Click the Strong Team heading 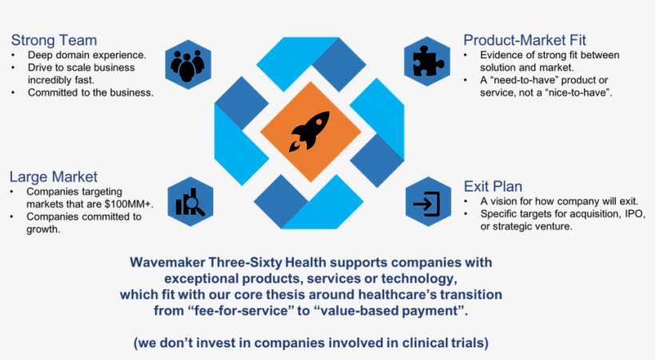(x=54, y=40)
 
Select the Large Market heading (x=54, y=176)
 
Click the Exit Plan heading (x=493, y=187)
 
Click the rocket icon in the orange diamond (x=310, y=131)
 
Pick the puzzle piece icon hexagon (x=428, y=60)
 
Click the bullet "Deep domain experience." (x=86, y=55)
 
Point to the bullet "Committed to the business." (x=90, y=93)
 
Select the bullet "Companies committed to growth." (x=83, y=223)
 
